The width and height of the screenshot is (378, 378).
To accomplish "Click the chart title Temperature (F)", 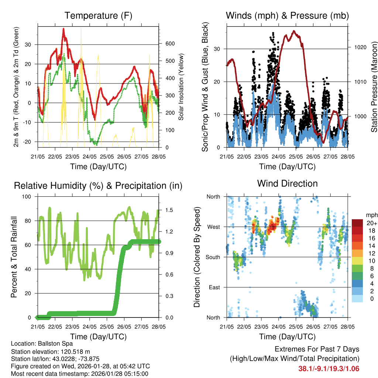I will point(98,16).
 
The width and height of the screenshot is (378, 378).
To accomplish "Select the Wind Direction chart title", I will point(287,183).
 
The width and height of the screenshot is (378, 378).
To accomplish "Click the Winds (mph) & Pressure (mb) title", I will point(287,16).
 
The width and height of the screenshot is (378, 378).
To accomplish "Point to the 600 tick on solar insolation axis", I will point(169,44).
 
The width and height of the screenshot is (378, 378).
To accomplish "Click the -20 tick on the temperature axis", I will point(30,142).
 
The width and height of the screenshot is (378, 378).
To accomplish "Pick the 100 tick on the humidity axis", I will point(28,197).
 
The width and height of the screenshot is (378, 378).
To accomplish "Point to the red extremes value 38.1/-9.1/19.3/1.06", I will point(329,368).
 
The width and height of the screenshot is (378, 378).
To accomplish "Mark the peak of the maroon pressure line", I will point(294,31).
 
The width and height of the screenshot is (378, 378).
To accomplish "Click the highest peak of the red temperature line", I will point(63,28).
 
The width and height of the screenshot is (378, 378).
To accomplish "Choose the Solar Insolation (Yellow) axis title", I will point(181,87).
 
